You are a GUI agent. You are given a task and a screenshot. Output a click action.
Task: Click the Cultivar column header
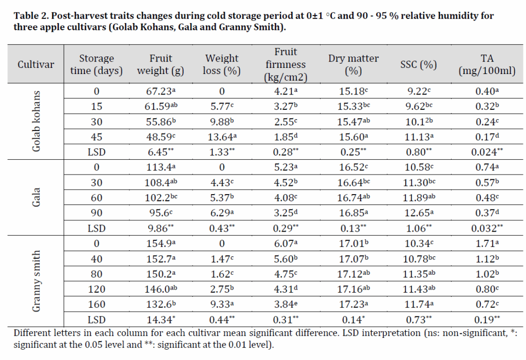tap(35, 64)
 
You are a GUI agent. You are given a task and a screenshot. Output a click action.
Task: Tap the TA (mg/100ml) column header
tap(486, 64)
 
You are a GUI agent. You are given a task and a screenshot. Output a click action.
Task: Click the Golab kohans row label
tap(36, 122)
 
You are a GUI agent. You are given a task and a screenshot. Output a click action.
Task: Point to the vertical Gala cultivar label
tap(36, 197)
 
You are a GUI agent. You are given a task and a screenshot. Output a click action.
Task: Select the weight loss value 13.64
tap(221, 138)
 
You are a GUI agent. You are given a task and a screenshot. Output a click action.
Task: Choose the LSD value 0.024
tap(486, 152)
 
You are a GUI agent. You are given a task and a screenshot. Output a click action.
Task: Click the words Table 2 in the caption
tap(31, 16)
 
